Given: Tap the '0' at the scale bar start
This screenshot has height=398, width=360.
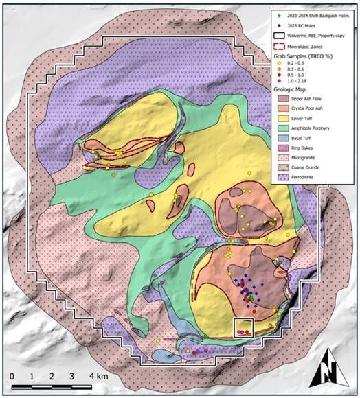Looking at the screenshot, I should [x=12, y=376].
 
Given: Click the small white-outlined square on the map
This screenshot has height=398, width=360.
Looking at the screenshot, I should [x=244, y=327].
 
